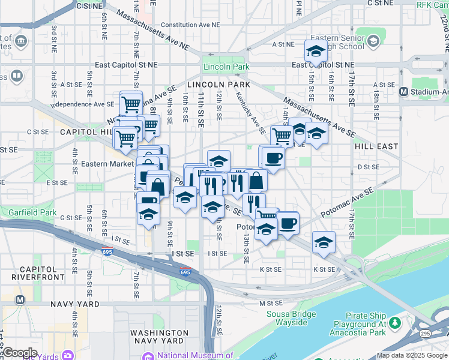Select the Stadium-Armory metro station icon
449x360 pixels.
pos(403,91)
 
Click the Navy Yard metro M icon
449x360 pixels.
pos(20,299)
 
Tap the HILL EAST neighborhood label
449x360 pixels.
pos(376,146)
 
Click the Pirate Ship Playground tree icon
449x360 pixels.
pos(395,323)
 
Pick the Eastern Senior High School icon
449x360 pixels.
pos(373,41)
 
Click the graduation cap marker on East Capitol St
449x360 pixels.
pos(316,52)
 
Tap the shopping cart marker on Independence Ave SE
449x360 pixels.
pos(131,103)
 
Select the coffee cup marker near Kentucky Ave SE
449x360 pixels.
pos(273,158)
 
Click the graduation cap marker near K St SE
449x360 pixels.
pos(324,242)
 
